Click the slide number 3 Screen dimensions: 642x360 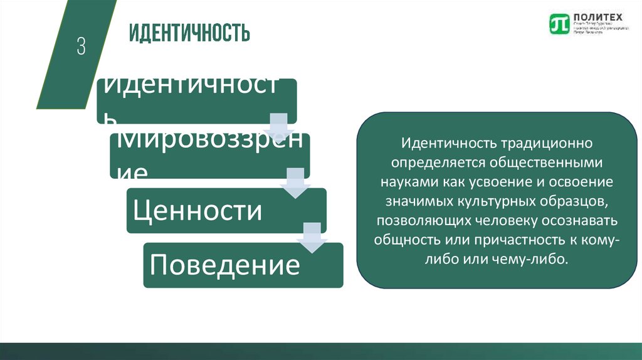[x=81, y=47]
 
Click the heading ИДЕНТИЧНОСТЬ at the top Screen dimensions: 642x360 [x=189, y=33]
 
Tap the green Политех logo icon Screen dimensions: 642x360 [x=558, y=24]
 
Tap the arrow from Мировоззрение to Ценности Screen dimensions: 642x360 [x=294, y=181]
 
